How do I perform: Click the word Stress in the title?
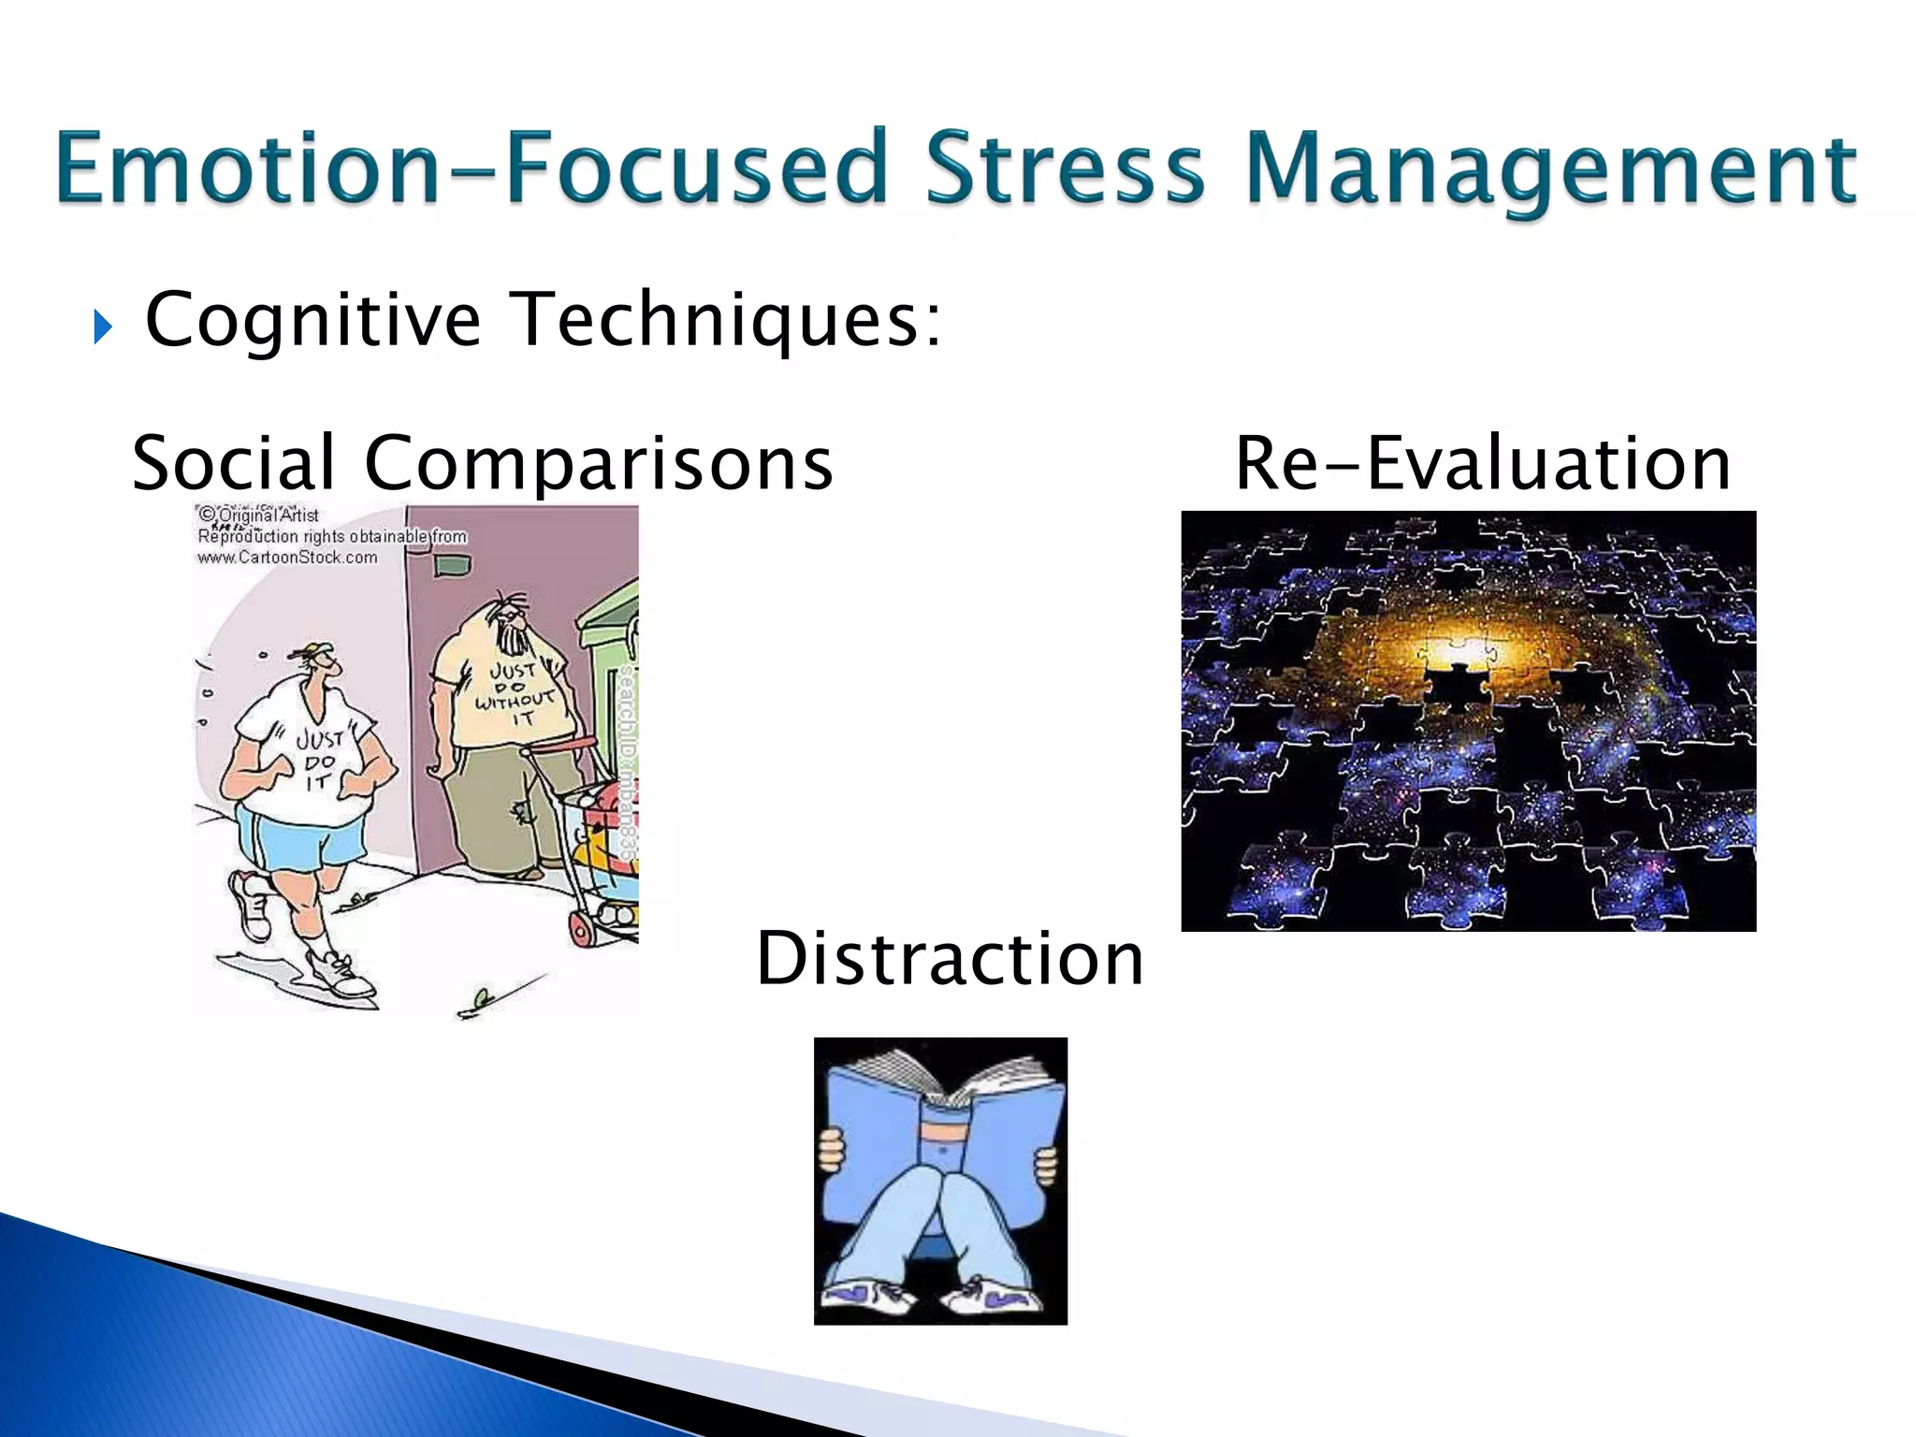(1065, 168)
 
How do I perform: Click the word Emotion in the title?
(247, 168)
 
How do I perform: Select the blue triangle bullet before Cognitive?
(103, 327)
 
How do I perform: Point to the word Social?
(234, 462)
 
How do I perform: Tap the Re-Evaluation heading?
(1482, 462)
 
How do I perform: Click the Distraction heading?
(949, 958)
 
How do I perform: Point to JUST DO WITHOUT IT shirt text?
(514, 693)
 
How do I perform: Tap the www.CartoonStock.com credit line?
(287, 558)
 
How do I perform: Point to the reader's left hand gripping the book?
(831, 1150)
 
